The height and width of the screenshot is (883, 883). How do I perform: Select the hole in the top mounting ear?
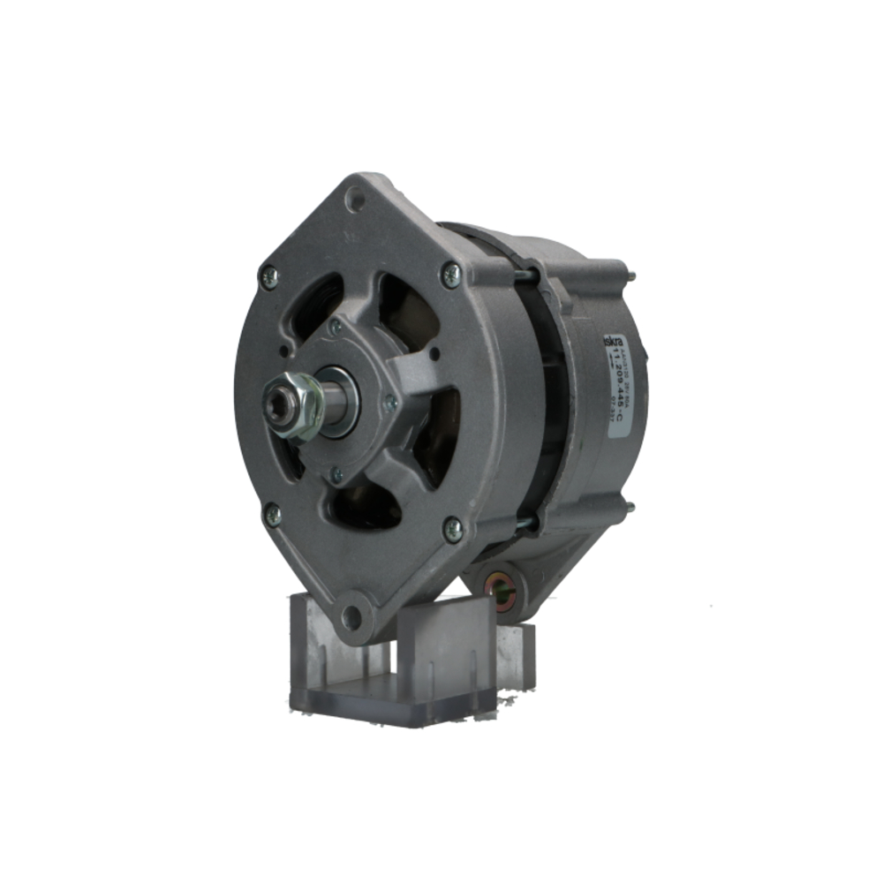pyautogui.click(x=355, y=200)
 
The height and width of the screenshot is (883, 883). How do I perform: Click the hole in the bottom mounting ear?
pyautogui.click(x=351, y=616)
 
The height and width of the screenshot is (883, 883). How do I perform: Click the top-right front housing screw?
pyautogui.click(x=451, y=275)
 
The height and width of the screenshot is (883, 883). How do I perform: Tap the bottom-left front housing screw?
pyautogui.click(x=273, y=514)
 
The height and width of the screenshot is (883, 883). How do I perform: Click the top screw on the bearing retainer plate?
pyautogui.click(x=335, y=328)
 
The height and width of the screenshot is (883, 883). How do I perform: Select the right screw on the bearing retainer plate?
pyautogui.click(x=389, y=404)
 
